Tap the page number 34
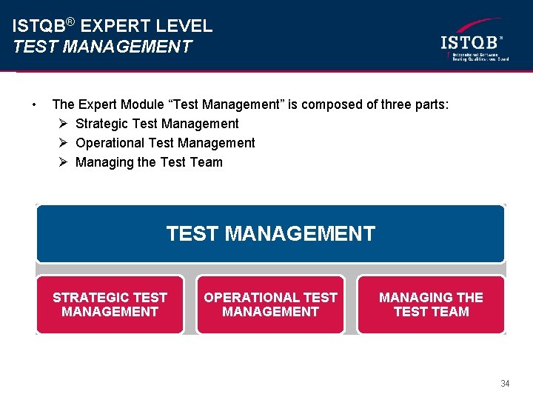coord(505,384)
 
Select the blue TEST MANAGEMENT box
coord(270,234)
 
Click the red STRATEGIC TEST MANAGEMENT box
coord(110,304)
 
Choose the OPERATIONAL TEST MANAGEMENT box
coord(270,304)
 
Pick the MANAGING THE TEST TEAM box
coord(431,304)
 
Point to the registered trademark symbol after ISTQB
coord(70,21)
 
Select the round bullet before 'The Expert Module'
coord(34,104)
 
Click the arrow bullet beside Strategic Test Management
coord(64,124)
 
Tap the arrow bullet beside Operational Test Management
coord(64,143)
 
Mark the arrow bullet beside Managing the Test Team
coord(64,162)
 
